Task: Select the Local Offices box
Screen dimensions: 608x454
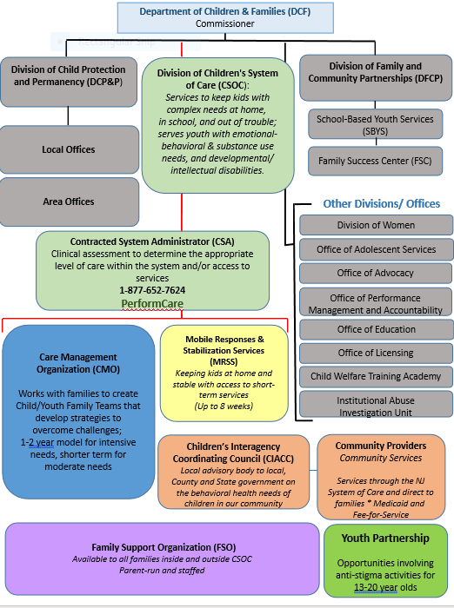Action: click(x=69, y=150)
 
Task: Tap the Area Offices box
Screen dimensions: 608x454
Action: click(x=69, y=202)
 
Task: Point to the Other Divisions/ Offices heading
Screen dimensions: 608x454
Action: click(x=381, y=203)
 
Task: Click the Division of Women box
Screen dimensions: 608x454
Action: click(x=376, y=225)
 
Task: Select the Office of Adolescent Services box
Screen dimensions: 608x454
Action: click(x=376, y=249)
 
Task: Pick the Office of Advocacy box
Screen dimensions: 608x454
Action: click(x=376, y=273)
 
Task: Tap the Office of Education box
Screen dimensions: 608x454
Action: click(x=376, y=329)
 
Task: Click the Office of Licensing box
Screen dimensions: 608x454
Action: click(x=376, y=353)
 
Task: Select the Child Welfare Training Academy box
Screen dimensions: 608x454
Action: click(x=376, y=377)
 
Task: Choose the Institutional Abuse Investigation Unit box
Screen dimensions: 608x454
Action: click(x=376, y=406)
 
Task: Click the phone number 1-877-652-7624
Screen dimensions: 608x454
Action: click(x=152, y=290)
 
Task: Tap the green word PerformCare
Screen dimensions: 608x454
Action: click(x=152, y=304)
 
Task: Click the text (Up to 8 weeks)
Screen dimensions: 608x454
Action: click(x=224, y=406)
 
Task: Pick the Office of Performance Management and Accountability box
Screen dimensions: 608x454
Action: click(x=376, y=304)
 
